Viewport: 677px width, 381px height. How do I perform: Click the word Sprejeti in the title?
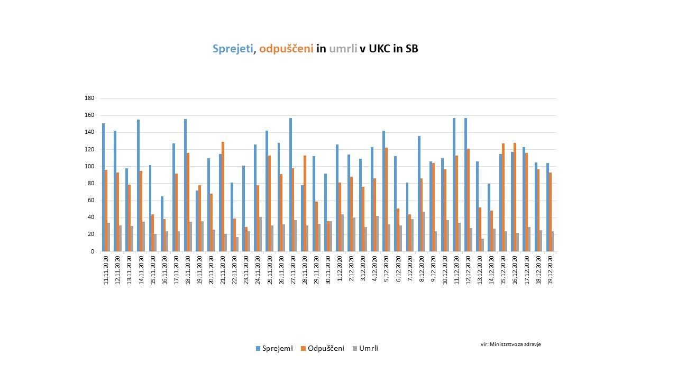[x=233, y=49]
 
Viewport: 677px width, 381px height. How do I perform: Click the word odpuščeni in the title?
[x=286, y=49]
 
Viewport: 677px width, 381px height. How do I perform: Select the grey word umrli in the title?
[x=343, y=49]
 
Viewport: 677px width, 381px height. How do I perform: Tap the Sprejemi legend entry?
[x=274, y=348]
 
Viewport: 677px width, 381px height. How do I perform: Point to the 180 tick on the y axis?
[x=89, y=98]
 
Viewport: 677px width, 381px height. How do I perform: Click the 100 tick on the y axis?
[x=89, y=167]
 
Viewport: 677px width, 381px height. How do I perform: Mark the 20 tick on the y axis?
[x=91, y=234]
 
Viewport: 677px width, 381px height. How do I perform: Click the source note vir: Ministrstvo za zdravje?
[x=510, y=344]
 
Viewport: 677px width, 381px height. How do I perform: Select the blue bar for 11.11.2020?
[x=103, y=187]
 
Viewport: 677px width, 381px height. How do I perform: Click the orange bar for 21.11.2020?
[x=223, y=196]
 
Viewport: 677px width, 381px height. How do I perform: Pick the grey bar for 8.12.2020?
[x=423, y=231]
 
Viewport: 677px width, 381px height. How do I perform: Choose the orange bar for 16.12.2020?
[x=515, y=197]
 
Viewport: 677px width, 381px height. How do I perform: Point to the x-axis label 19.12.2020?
[x=550, y=270]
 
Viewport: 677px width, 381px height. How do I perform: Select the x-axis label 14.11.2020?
[x=141, y=270]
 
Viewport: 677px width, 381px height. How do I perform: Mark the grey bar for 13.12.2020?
[x=482, y=245]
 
